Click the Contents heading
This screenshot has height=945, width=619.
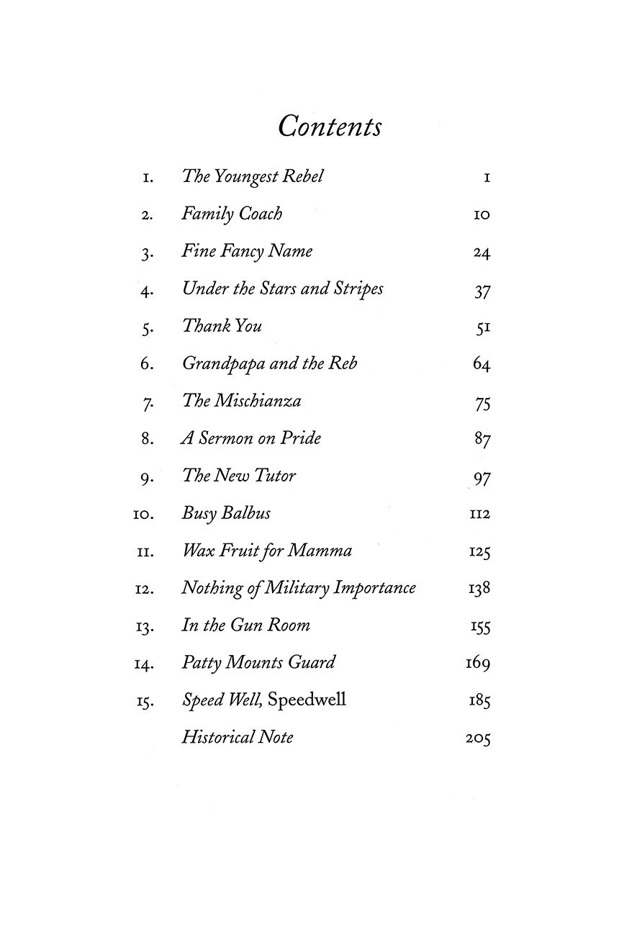click(x=330, y=126)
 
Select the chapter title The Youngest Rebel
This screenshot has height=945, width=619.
click(x=253, y=177)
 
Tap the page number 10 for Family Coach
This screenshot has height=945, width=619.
click(x=482, y=214)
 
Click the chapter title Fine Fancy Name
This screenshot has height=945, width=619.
click(x=247, y=252)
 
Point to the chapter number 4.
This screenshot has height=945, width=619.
click(x=146, y=290)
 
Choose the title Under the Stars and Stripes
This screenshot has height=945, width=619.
click(x=282, y=289)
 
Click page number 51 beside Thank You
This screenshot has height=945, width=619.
click(x=483, y=327)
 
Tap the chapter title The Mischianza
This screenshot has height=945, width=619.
click(x=241, y=402)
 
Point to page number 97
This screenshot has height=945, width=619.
click(x=482, y=477)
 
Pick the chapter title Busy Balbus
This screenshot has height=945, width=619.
click(x=226, y=514)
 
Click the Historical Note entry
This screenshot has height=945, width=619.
click(x=238, y=738)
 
